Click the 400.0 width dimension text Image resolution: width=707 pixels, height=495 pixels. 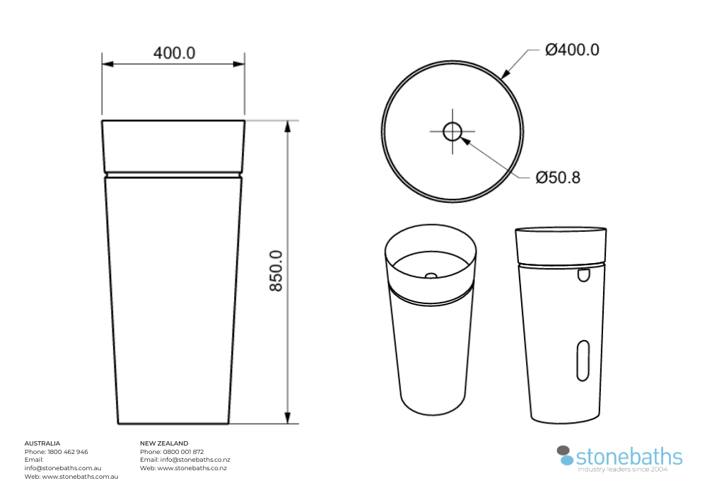click(175, 53)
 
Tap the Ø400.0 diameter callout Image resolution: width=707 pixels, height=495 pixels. click(572, 49)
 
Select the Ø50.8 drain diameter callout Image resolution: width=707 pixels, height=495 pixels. click(558, 177)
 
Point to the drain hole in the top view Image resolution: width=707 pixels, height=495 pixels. click(452, 131)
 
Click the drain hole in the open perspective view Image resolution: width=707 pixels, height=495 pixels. click(430, 274)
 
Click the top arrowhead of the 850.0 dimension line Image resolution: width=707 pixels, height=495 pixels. click(288, 127)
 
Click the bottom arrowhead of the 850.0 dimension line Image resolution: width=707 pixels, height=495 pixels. click(288, 418)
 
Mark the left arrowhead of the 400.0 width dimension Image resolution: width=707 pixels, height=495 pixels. click(107, 64)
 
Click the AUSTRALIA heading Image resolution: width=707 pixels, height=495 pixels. click(42, 443)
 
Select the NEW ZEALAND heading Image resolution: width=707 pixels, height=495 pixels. click(164, 443)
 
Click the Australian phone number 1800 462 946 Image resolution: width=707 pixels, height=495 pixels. click(68, 452)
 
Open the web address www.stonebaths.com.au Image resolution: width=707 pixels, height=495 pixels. click(80, 477)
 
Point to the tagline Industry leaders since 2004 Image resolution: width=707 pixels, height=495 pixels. click(623, 469)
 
